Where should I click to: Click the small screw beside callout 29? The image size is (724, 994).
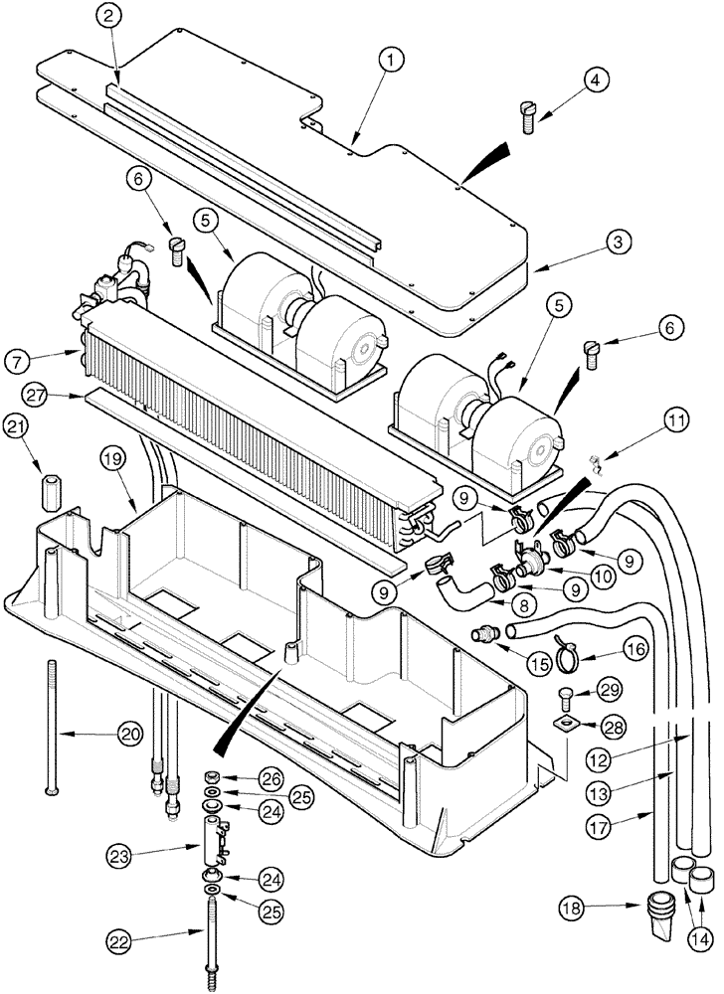tap(566, 694)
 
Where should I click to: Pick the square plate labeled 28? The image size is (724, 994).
tap(565, 728)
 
